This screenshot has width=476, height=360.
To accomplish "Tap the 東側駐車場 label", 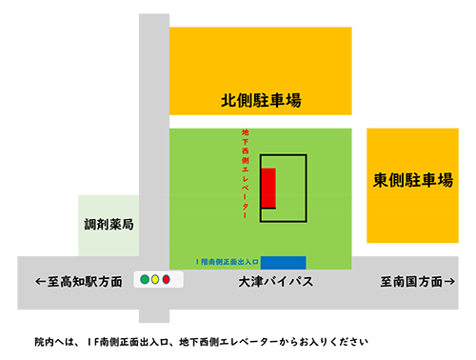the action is pyautogui.click(x=412, y=179).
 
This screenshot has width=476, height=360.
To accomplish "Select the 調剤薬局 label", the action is pyautogui.click(x=109, y=226).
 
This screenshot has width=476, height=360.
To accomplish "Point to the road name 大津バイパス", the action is pyautogui.click(x=276, y=282).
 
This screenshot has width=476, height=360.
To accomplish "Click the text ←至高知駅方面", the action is pyautogui.click(x=79, y=282).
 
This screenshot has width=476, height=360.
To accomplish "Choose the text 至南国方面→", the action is pyautogui.click(x=417, y=282).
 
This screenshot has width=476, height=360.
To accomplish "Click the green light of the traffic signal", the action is pyautogui.click(x=145, y=280).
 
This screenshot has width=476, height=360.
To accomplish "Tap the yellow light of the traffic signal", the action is pyautogui.click(x=155, y=280).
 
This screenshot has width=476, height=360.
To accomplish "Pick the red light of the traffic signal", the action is pyautogui.click(x=166, y=280).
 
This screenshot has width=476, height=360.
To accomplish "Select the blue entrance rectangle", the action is pyautogui.click(x=283, y=262).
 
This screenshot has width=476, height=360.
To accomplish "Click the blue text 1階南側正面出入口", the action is pyautogui.click(x=227, y=262).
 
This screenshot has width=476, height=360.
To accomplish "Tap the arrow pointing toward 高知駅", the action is pyautogui.click(x=40, y=282).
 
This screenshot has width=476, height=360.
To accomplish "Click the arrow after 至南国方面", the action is pyautogui.click(x=448, y=282).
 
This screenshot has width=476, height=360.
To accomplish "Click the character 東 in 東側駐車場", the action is pyautogui.click(x=380, y=179).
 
